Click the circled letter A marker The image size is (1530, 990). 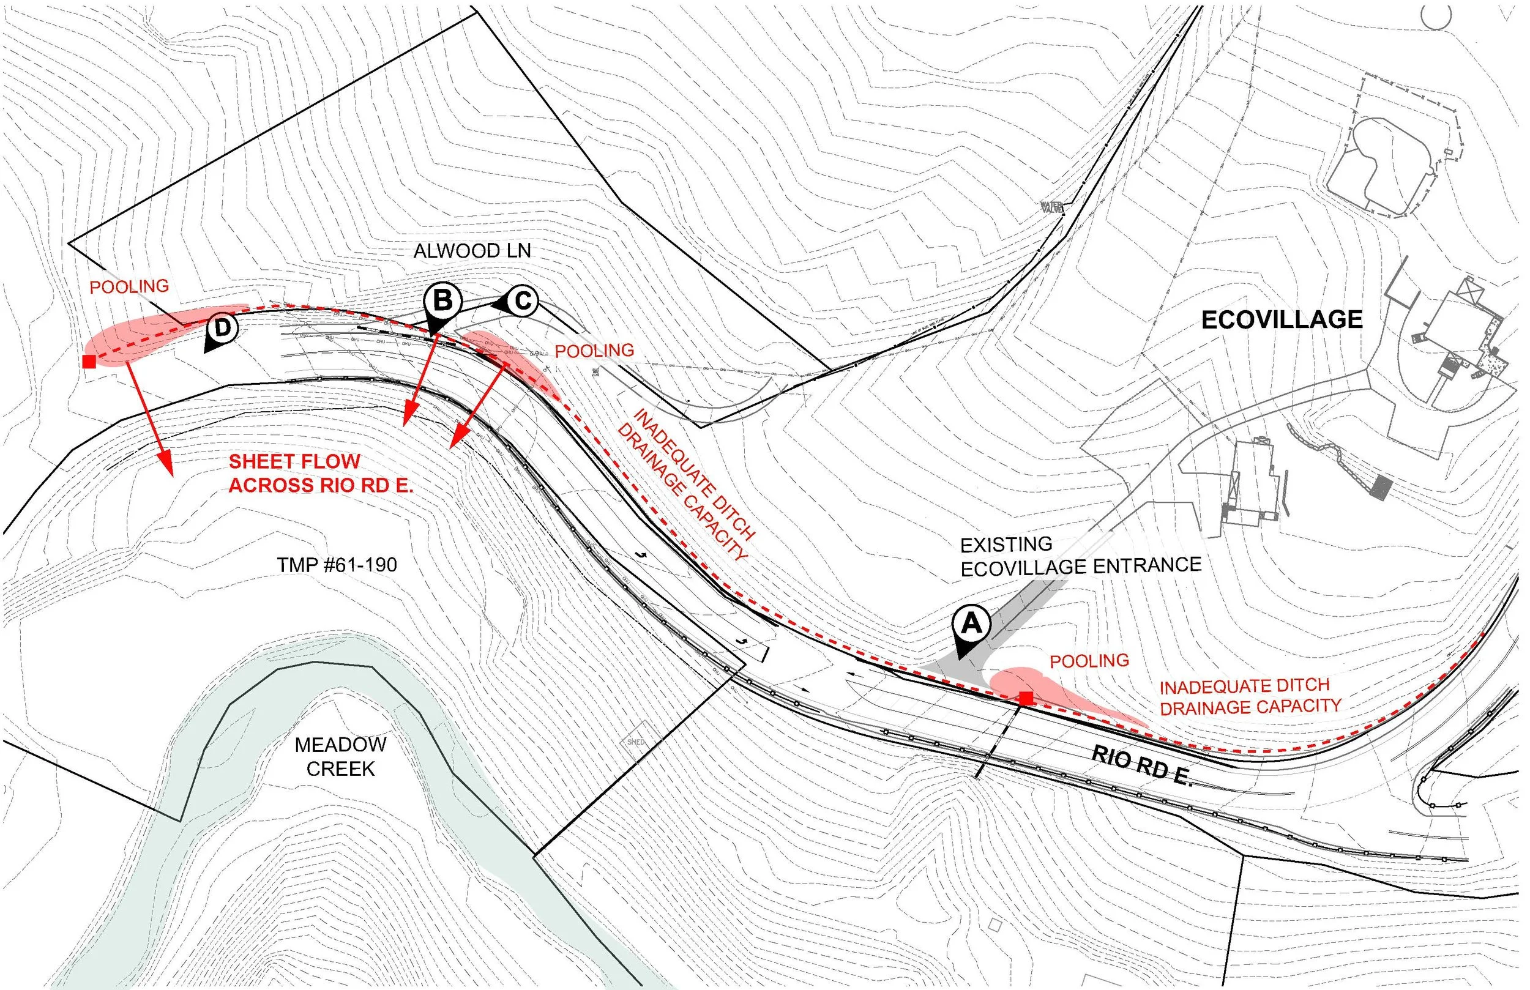[x=971, y=623]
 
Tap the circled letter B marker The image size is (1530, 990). [x=442, y=301]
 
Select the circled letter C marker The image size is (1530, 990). [x=523, y=301]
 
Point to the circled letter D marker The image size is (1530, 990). [x=222, y=328]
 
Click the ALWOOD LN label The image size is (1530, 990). [x=472, y=251]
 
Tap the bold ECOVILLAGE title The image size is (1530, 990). [x=1281, y=320]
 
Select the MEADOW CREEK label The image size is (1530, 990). [x=340, y=757]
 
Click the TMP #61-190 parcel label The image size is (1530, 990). [x=337, y=565]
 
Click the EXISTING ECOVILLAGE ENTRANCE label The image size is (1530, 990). [x=1080, y=556]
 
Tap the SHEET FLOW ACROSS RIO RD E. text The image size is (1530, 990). [x=321, y=473]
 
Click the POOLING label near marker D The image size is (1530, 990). [x=129, y=287]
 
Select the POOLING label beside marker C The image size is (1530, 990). [x=594, y=351]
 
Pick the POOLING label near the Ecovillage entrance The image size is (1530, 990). [x=1089, y=661]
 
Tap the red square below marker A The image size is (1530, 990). [x=1026, y=698]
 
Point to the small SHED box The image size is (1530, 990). [x=635, y=742]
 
